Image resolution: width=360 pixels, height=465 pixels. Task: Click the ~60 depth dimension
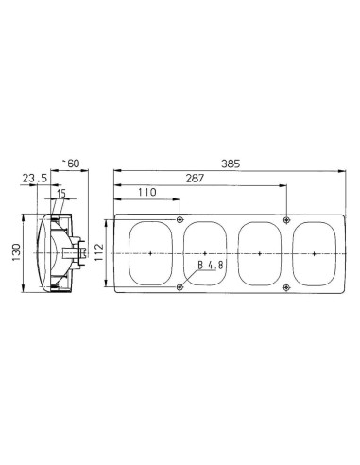(x=69, y=164)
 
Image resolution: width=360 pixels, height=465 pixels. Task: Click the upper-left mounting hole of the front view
(x=180, y=219)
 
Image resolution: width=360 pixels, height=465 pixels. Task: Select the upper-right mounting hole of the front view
(x=286, y=219)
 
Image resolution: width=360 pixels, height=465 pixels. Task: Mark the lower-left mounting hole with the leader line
(x=180, y=286)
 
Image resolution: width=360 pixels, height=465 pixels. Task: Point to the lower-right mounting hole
(x=286, y=286)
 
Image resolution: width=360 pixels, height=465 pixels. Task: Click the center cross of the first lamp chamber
(x=151, y=253)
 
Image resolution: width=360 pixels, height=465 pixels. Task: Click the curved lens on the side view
(x=41, y=253)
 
